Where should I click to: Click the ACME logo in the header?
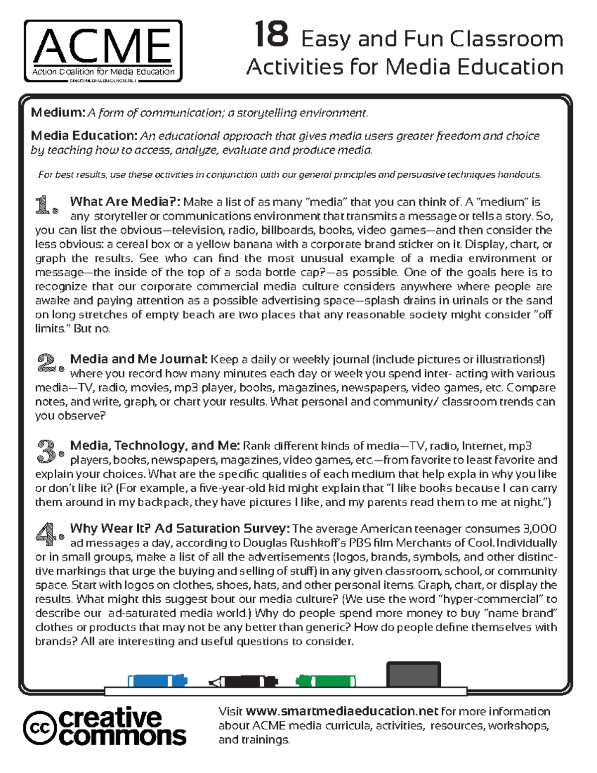pyautogui.click(x=103, y=51)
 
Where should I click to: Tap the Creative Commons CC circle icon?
pyautogui.click(x=39, y=728)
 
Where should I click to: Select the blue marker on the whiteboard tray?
pyautogui.click(x=157, y=680)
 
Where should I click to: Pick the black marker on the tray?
pyautogui.click(x=243, y=681)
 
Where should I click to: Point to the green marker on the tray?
pyautogui.click(x=326, y=680)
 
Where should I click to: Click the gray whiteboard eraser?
pyautogui.click(x=413, y=674)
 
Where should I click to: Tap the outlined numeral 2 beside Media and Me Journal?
pyautogui.click(x=49, y=363)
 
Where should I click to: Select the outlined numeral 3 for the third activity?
pyautogui.click(x=49, y=450)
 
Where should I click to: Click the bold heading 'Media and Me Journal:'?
pyautogui.click(x=139, y=359)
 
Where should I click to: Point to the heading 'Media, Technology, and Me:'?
pyautogui.click(x=155, y=445)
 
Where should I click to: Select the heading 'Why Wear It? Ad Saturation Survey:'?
pyautogui.click(x=180, y=528)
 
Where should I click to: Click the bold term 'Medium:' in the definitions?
pyautogui.click(x=58, y=112)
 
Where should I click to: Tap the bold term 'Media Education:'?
pyautogui.click(x=84, y=135)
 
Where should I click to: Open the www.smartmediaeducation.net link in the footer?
pyautogui.click(x=342, y=711)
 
